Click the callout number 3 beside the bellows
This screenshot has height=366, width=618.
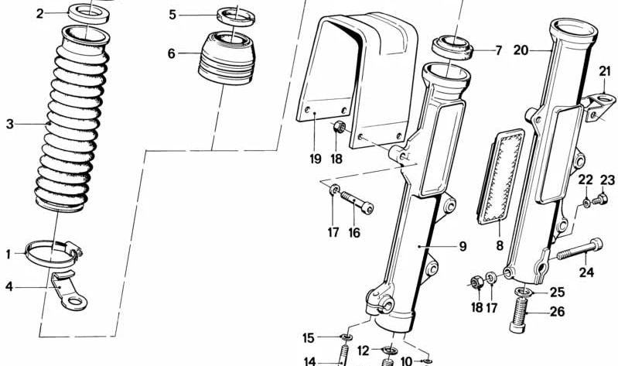click(x=10, y=124)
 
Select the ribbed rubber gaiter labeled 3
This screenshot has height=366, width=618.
click(x=69, y=124)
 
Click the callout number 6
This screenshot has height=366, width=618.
click(x=172, y=53)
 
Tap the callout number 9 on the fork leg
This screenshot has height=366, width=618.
click(x=462, y=247)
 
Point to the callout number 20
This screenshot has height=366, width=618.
click(x=521, y=50)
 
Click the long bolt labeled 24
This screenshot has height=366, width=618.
click(x=579, y=249)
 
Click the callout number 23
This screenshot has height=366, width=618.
click(x=607, y=180)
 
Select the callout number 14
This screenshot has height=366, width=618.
click(x=310, y=361)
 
